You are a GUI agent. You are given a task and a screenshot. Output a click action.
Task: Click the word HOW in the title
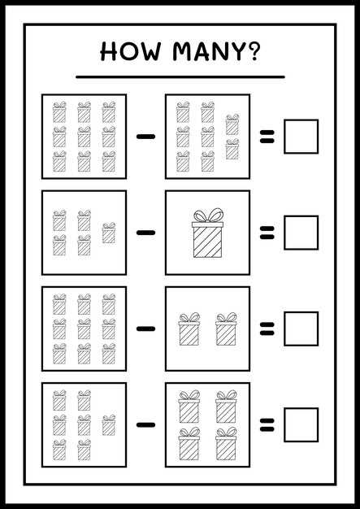[x=131, y=51]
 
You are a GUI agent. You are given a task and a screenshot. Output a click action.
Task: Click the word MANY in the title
[x=207, y=51]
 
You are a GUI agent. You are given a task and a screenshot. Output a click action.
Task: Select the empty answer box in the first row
[x=301, y=137]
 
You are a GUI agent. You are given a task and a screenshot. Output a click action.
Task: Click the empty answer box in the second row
[x=301, y=233]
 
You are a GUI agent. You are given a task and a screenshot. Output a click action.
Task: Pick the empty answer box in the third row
[x=301, y=328]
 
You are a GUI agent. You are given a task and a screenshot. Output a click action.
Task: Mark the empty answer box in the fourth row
[x=301, y=424]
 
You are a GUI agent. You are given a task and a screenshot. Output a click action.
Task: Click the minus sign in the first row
[x=146, y=137]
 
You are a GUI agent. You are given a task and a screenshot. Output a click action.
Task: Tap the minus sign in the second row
[x=146, y=233]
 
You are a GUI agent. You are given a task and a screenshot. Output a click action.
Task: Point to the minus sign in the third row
[x=146, y=328]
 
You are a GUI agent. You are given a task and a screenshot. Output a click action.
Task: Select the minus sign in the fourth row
[x=146, y=424]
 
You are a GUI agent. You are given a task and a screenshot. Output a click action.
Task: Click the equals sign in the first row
[x=267, y=137]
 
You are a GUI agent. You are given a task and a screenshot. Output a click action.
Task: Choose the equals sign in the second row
[x=267, y=233]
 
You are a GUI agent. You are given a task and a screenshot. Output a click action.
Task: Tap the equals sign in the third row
[x=267, y=328]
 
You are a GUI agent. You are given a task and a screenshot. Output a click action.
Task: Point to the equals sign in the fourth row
[x=267, y=424]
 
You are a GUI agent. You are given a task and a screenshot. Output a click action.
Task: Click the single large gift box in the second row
[x=207, y=233]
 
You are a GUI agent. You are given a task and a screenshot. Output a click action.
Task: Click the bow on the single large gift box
[x=208, y=215]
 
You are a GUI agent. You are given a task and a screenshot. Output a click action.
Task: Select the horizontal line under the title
[x=180, y=77]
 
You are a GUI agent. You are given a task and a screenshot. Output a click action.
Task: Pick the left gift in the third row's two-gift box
[x=189, y=328]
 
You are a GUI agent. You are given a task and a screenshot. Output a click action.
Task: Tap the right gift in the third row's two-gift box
[x=226, y=328]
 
